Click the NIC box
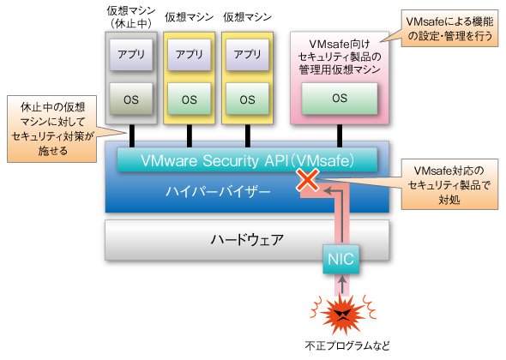pyautogui.click(x=340, y=259)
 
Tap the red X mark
pyautogui.click(x=308, y=180)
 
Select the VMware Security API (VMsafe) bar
pyautogui.click(x=247, y=160)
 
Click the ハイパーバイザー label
pyautogui.click(x=218, y=192)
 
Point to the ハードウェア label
pyautogui.click(x=247, y=240)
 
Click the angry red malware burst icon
pyautogui.click(x=343, y=313)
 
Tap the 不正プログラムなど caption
pyautogui.click(x=347, y=345)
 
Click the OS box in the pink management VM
pyautogui.click(x=340, y=99)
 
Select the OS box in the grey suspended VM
pyautogui.click(x=131, y=99)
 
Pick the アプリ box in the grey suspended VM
pyautogui.click(x=131, y=55)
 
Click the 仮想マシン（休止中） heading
pyautogui.click(x=131, y=17)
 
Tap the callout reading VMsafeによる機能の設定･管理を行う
pyautogui.click(x=449, y=28)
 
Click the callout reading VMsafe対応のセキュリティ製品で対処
pyautogui.click(x=449, y=184)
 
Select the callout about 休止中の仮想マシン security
pyautogui.click(x=52, y=129)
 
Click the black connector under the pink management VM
pyautogui.click(x=340, y=136)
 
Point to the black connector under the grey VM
pyautogui.click(x=131, y=136)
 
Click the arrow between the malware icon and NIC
pyautogui.click(x=343, y=285)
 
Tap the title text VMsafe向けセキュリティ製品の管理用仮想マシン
pyautogui.click(x=340, y=57)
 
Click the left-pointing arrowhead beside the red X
pyautogui.click(x=328, y=190)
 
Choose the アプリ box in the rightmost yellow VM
pyautogui.click(x=247, y=55)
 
